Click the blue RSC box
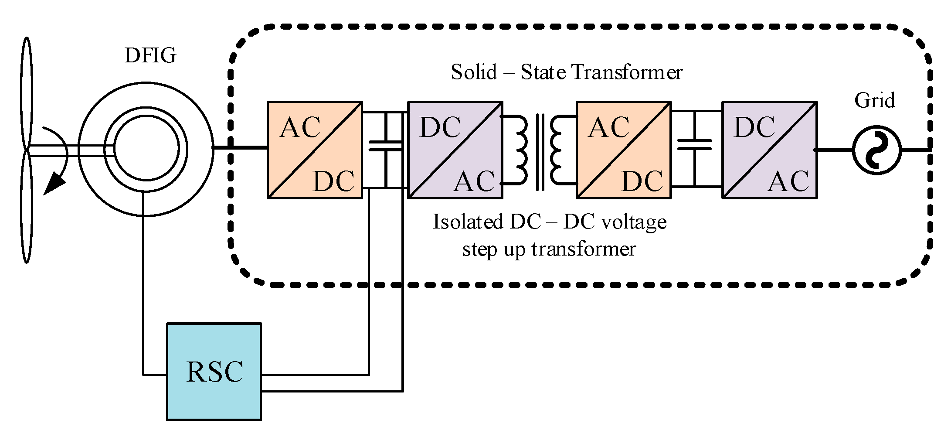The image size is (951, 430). click(x=214, y=372)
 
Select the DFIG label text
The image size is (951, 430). click(x=150, y=56)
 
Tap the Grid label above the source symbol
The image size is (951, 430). click(x=874, y=100)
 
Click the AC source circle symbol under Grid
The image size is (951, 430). click(x=876, y=150)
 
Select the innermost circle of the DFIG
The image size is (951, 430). click(x=146, y=148)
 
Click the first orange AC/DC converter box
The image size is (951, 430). click(x=315, y=150)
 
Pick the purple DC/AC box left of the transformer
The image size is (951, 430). click(x=455, y=150)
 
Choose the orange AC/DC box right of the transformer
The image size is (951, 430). click(x=624, y=150)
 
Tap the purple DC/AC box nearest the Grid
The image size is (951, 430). click(x=769, y=150)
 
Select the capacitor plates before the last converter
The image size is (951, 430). click(x=694, y=145)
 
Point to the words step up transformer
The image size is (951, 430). click(x=549, y=249)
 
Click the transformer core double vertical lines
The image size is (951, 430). click(x=540, y=152)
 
